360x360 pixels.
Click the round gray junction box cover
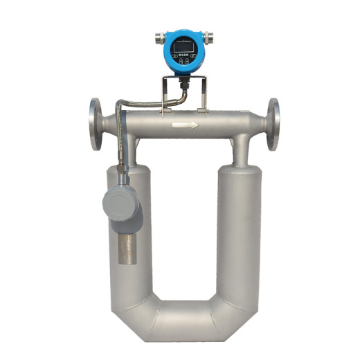click(x=120, y=202)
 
